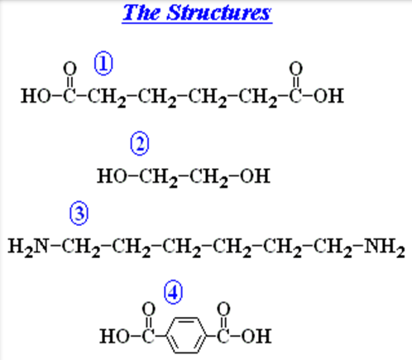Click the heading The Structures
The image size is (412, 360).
point(197,12)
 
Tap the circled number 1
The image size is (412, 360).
point(103,63)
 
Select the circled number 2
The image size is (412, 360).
point(140,143)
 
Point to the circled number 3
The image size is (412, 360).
point(79,213)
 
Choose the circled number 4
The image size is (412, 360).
point(173,292)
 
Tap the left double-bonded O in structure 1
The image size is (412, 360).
point(69,68)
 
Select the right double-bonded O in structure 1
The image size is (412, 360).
point(296,68)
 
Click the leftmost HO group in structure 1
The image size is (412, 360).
point(36,96)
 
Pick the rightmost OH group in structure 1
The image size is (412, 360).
point(328,96)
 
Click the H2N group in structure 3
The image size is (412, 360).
point(28,247)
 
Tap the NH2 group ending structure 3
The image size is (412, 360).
point(385,247)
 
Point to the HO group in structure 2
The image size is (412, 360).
point(112,176)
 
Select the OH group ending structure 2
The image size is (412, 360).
point(255,176)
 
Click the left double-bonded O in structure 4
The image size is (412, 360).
point(149,309)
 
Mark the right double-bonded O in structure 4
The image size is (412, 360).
point(223,309)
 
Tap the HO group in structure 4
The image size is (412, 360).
point(114,336)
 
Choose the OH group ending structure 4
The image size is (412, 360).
point(256,336)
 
